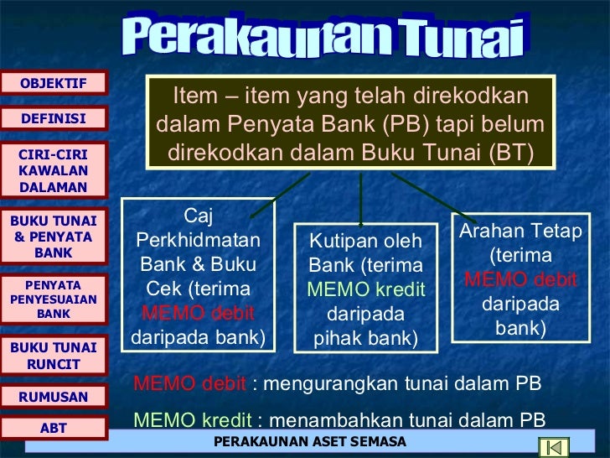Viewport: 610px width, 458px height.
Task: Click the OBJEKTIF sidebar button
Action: click(54, 82)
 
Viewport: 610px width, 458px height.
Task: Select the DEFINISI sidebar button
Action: click(54, 119)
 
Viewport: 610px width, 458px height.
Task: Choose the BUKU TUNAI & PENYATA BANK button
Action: click(54, 237)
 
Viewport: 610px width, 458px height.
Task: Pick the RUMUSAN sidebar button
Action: click(54, 397)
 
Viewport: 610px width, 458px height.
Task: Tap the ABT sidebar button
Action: click(54, 429)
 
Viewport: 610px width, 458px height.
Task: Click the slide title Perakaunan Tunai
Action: click(328, 35)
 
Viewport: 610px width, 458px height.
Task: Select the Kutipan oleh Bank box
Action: click(365, 288)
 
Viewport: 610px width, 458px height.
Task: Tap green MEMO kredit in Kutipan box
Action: click(366, 289)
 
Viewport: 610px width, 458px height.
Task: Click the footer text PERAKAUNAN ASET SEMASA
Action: click(310, 441)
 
